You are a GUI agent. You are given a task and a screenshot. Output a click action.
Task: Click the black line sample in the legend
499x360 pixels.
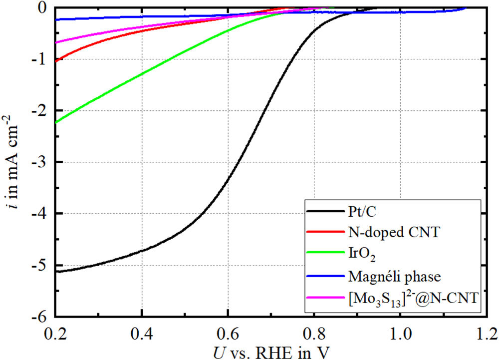pyautogui.click(x=325, y=211)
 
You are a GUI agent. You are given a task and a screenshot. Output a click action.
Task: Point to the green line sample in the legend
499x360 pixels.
pyautogui.click(x=325, y=254)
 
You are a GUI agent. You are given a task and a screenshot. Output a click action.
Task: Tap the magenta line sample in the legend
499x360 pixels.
pyautogui.click(x=325, y=298)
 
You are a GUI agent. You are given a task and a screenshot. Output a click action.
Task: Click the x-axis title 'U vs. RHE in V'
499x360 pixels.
pyautogui.click(x=271, y=352)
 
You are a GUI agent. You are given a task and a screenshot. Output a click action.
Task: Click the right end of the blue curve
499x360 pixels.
pyautogui.click(x=465, y=8)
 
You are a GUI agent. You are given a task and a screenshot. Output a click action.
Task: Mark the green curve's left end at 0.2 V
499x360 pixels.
pyautogui.click(x=56, y=122)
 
